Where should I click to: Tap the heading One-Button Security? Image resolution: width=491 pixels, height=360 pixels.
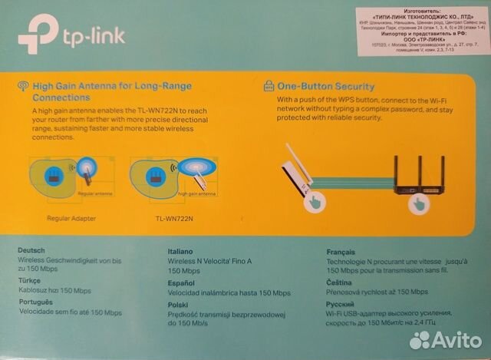[325, 86]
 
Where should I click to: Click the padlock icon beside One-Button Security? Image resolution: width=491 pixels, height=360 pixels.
[269, 85]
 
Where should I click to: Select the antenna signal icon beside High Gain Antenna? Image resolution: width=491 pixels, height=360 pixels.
[23, 86]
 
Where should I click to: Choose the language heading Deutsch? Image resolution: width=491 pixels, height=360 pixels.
[31, 250]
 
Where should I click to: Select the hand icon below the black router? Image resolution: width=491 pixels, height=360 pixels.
[418, 204]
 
